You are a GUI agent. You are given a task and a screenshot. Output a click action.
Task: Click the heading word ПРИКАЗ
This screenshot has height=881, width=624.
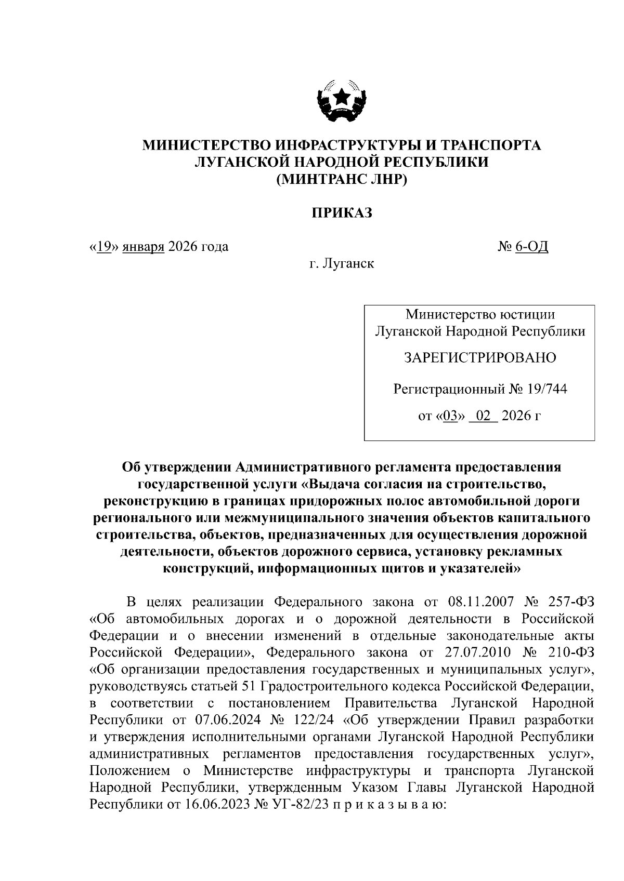tap(342, 212)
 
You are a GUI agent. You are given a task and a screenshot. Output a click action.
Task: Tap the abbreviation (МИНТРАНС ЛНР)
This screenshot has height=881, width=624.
tap(342, 179)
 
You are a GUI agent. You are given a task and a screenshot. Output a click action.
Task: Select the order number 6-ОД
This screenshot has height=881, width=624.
tap(531, 246)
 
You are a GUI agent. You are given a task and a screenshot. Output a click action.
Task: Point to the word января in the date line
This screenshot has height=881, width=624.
tap(144, 246)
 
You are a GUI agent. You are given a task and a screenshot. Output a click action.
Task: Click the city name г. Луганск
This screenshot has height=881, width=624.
tap(342, 264)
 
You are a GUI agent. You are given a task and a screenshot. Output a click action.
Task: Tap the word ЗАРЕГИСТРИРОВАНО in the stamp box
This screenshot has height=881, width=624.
tap(480, 357)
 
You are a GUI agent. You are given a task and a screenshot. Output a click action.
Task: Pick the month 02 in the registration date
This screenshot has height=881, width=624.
tap(483, 416)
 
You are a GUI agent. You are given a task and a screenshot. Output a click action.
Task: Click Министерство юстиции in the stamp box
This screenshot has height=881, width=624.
tap(480, 314)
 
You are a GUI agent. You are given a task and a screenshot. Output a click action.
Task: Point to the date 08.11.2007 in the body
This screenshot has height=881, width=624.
tap(480, 602)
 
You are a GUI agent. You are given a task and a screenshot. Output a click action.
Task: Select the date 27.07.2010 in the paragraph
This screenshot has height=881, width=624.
tap(479, 652)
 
